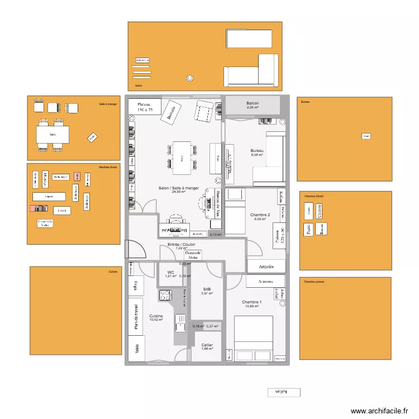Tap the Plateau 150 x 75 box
click(145, 107)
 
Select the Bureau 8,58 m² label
click(257, 151)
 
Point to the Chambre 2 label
click(260, 215)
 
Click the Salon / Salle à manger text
click(178, 188)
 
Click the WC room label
click(170, 272)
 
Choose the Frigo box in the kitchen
click(135, 286)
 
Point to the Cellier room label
click(207, 345)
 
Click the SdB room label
click(207, 289)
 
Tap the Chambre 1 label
click(251, 302)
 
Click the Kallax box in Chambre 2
click(281, 197)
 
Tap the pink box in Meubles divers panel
click(78, 177)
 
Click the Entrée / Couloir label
click(182, 245)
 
